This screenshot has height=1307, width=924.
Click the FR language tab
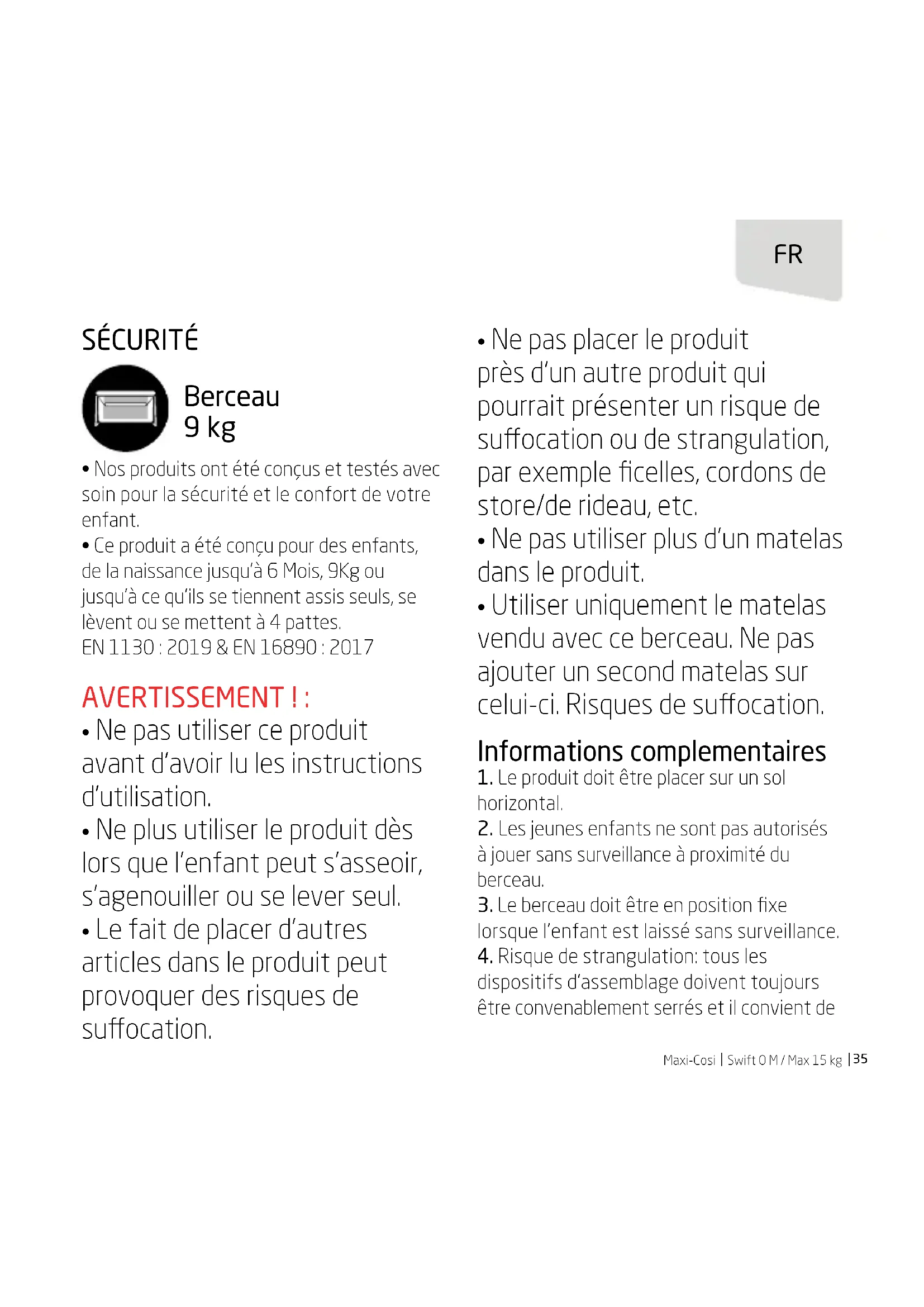coord(788,255)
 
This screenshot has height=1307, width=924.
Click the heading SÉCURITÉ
coord(140,340)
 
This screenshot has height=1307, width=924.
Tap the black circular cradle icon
coord(125,408)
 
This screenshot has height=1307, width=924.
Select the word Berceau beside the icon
coord(232,397)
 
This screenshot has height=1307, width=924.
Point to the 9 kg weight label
coord(209,427)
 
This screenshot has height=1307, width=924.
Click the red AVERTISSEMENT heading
coord(195,697)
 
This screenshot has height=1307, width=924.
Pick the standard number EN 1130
coord(118,647)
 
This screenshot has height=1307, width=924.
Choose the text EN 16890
coord(274,647)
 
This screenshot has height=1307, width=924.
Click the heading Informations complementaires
coord(651,752)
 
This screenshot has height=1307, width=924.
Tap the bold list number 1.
coord(484,778)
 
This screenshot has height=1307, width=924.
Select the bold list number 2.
coord(484,829)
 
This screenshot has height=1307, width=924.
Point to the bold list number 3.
coord(484,905)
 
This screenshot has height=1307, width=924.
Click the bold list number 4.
coord(484,956)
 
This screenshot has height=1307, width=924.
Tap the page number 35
coord(860,1059)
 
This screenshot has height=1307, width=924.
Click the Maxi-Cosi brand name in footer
coord(689,1060)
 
